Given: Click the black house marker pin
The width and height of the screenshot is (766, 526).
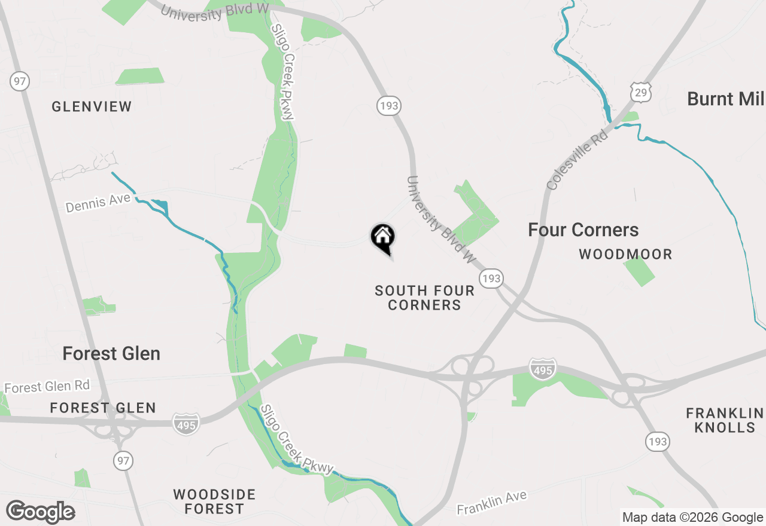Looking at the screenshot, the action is [x=383, y=237].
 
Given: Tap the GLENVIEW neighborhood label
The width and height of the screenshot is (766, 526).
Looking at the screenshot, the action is [x=92, y=107].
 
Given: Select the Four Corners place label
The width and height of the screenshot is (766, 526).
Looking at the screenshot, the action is [x=583, y=230].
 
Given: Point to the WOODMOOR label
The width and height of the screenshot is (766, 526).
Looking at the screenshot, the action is [x=625, y=255].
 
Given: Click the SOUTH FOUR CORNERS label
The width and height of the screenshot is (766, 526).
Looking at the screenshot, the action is [x=424, y=298].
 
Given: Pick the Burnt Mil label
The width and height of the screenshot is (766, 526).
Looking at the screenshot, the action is [x=725, y=99].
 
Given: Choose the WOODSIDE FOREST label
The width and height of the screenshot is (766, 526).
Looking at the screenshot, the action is [x=214, y=502].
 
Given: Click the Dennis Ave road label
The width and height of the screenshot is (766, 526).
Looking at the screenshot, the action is [x=98, y=203].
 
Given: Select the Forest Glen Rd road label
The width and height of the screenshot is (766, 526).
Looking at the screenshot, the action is [x=47, y=387].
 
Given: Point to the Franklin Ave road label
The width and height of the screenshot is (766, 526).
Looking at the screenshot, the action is [x=492, y=503].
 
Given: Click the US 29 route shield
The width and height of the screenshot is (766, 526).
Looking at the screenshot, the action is [x=640, y=91].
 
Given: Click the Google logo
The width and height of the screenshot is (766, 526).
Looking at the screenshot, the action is [x=41, y=512].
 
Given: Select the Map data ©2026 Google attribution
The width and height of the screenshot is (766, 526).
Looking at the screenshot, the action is [x=692, y=518].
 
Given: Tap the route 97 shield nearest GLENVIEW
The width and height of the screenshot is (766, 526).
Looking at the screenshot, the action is [x=20, y=81].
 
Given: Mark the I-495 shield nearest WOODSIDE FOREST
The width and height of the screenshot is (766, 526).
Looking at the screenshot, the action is [x=186, y=424].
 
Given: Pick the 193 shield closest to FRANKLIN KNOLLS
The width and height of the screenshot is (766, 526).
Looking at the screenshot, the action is [x=657, y=442].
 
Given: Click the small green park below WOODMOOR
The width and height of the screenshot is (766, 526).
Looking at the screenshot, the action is [x=639, y=271].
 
